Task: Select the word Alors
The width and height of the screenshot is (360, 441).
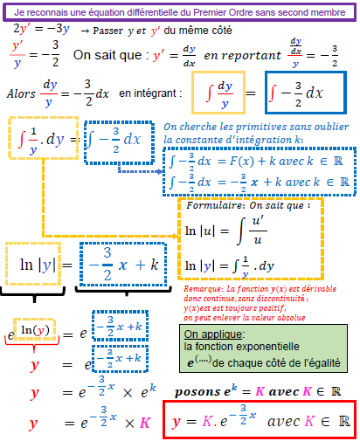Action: (21, 93)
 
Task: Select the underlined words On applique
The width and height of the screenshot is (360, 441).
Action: (213, 334)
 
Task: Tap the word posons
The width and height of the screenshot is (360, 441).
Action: (197, 392)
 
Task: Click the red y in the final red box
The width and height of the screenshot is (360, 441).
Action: (176, 422)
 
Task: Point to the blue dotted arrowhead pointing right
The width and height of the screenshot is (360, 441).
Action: (160, 171)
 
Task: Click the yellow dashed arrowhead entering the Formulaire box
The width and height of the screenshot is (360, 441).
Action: (175, 236)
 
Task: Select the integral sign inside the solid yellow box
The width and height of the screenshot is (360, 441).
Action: (209, 93)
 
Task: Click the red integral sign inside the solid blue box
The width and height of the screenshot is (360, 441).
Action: (273, 93)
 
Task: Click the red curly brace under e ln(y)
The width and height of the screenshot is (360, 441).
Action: (32, 343)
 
